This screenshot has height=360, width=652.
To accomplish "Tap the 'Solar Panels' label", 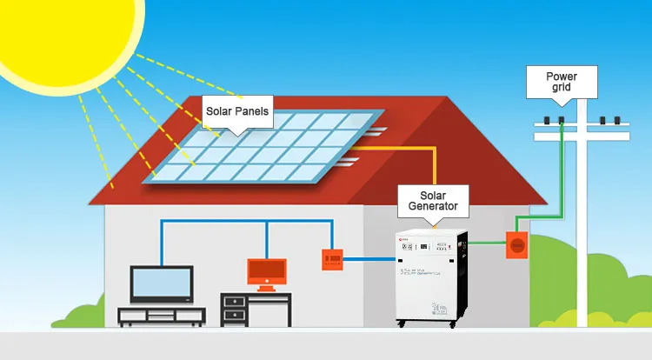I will point(237,111).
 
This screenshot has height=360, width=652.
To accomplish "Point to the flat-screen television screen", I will point(161,283).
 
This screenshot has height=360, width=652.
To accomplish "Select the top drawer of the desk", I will point(234,301).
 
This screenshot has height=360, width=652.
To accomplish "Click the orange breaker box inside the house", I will point(331,258).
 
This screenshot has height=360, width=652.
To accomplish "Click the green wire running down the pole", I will point(564,174).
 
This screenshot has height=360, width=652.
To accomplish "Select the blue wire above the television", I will point(162,239).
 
